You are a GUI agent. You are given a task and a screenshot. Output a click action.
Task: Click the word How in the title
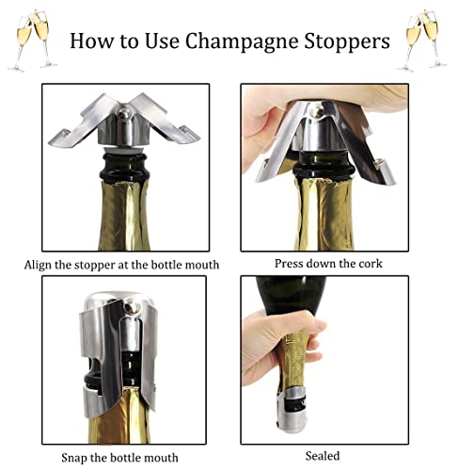(93, 42)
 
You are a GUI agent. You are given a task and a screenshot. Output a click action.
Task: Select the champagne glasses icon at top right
(423, 39)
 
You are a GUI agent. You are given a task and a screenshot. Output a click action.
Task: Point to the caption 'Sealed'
(323, 456)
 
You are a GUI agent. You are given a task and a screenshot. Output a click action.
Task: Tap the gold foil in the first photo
(125, 212)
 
